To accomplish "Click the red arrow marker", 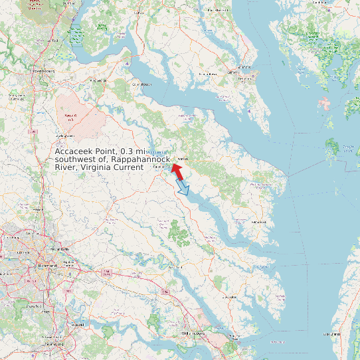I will point(177,170).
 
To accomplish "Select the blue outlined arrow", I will point(183,189).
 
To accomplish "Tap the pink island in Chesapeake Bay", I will point(324,103).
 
